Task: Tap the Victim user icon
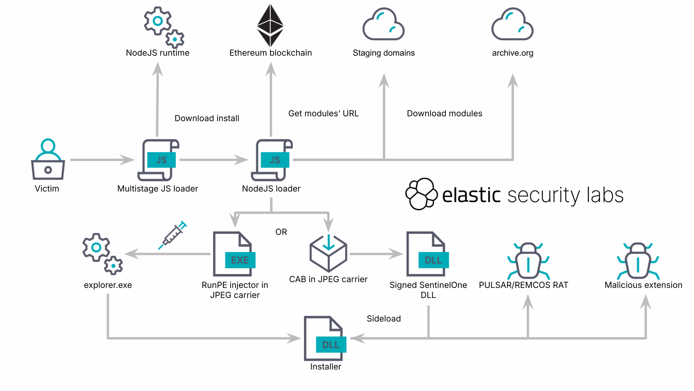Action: tap(48, 159)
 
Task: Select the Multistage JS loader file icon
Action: tap(158, 160)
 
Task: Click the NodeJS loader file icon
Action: tap(272, 160)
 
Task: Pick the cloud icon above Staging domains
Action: tap(384, 24)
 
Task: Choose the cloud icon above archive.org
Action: tap(513, 24)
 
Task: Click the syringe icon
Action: tap(173, 235)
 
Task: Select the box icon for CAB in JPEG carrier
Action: tap(328, 253)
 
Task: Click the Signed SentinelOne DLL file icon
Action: tap(428, 254)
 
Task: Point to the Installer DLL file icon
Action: tap(325, 339)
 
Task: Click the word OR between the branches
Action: tap(281, 232)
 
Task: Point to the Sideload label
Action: tap(384, 319)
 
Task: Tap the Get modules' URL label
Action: tap(324, 113)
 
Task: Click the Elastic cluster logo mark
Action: tap(421, 194)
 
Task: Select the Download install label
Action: tap(207, 118)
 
